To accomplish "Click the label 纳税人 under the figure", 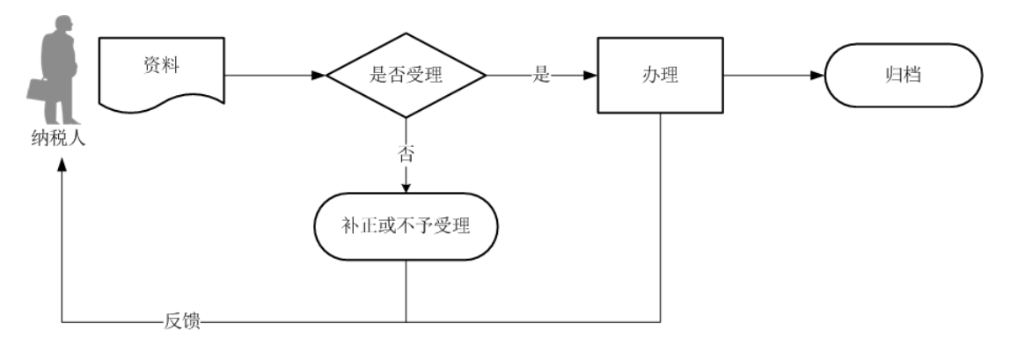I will (x=60, y=138).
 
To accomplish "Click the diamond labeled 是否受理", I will (x=406, y=76).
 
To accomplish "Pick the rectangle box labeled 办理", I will (x=660, y=76).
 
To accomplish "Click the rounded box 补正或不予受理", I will (x=406, y=227).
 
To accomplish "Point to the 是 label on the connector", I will (x=540, y=76).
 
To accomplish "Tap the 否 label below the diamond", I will (x=406, y=155).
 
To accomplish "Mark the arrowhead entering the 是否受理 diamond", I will (x=319, y=76).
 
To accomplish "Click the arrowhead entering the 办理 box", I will (x=591, y=76).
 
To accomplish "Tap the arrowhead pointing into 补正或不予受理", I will (x=406, y=187).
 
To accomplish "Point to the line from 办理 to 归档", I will (x=765, y=76).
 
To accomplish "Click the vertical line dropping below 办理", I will (x=660, y=220).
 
